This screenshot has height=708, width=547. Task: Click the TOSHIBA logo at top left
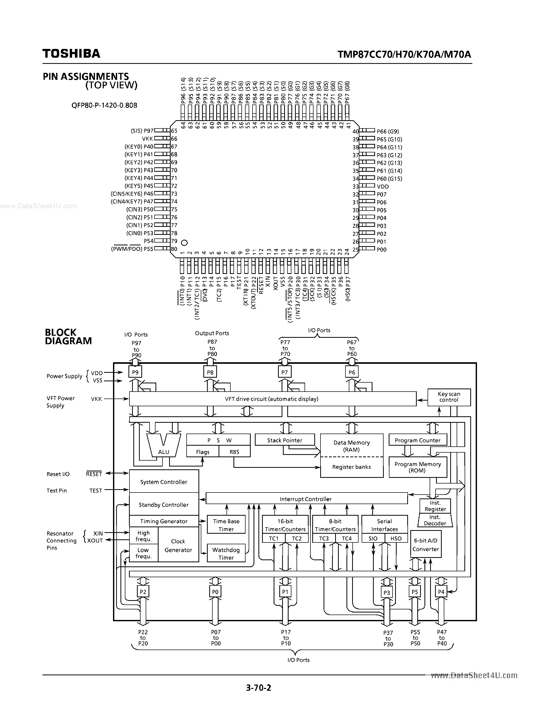(71, 54)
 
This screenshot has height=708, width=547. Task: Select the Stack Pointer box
(284, 440)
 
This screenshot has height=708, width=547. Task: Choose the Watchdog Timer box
(226, 553)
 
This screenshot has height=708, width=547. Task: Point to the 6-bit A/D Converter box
(426, 545)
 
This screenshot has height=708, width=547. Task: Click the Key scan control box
(449, 397)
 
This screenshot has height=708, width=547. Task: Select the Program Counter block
(417, 440)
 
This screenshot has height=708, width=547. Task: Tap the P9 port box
(135, 372)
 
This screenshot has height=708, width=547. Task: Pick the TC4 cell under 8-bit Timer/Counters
(346, 538)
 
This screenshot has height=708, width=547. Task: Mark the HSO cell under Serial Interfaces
(396, 538)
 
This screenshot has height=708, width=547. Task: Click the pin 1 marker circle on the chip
(184, 243)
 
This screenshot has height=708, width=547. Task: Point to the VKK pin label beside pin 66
(147, 139)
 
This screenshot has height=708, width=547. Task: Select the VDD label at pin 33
(383, 186)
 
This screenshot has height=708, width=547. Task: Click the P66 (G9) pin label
(388, 131)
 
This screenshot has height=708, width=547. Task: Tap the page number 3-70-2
(258, 687)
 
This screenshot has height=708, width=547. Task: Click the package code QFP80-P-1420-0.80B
(104, 105)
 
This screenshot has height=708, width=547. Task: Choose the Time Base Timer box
(226, 525)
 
